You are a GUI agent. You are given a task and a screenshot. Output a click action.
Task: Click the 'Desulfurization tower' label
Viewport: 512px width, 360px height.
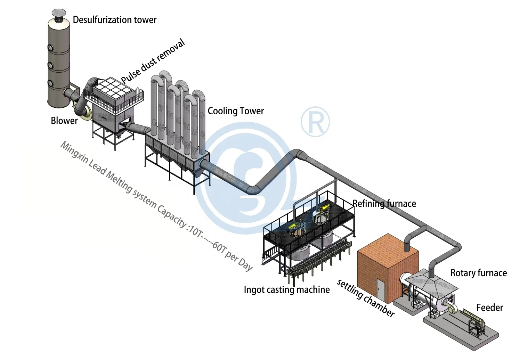114,20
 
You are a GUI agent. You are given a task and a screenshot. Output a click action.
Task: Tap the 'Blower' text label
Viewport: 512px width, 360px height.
64,121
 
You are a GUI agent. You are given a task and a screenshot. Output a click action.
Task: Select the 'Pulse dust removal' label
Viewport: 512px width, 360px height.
153,62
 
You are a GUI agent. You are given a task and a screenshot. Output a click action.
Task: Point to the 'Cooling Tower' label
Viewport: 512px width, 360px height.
236,111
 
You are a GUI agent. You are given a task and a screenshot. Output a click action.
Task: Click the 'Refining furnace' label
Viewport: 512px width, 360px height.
384,204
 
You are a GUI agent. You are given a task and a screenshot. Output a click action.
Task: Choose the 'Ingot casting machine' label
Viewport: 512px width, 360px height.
287,290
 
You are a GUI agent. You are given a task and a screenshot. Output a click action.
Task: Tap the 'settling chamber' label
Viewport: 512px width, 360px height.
366,298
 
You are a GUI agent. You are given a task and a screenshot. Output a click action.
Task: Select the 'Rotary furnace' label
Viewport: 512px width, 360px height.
478,273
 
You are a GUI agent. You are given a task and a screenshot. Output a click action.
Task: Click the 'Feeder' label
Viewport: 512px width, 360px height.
489,308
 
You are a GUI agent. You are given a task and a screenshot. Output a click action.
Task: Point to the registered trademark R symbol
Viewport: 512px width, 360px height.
315,122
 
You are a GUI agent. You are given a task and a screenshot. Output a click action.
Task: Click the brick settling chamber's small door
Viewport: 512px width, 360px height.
381,291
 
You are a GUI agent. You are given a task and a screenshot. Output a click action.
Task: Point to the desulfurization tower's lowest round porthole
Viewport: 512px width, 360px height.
50,83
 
